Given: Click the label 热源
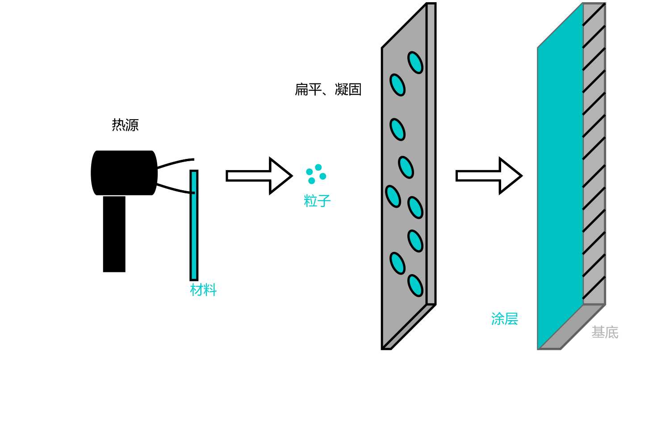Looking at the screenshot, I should tap(125, 125).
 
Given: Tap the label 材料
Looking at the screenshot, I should tap(203, 290).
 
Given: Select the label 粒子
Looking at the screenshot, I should tap(317, 201).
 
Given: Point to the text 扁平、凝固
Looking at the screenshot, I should tap(328, 90).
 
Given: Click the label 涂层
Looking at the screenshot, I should tap(504, 319).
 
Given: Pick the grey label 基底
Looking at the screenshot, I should tap(605, 332).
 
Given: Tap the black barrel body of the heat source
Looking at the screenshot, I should tap(124, 173).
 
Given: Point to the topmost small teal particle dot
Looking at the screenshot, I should tap(318, 167).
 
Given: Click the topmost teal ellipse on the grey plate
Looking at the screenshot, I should tap(415, 63).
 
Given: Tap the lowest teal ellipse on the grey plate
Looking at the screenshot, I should tap(415, 285).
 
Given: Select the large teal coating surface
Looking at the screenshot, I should tap(560, 188).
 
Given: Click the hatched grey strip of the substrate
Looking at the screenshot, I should tap(594, 152).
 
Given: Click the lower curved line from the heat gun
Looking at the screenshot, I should tap(175, 188).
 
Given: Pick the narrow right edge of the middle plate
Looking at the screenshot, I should tap(431, 152).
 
